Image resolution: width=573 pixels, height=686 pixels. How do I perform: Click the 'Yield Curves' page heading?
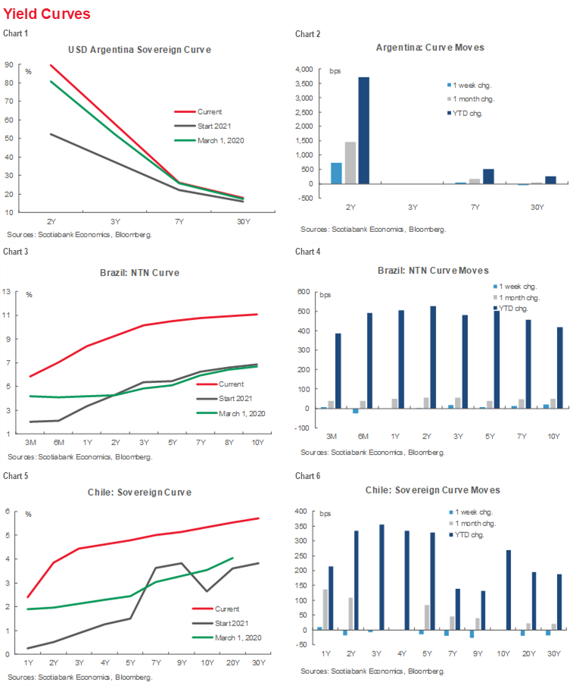(x=47, y=14)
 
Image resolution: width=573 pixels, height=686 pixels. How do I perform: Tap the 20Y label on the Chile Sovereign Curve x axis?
(x=232, y=664)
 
